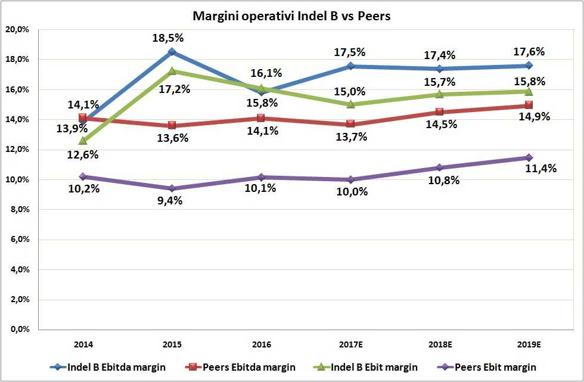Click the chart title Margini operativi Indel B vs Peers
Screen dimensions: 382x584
(x=292, y=16)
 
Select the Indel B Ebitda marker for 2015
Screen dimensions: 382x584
(x=172, y=52)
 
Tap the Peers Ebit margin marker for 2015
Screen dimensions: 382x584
(x=172, y=188)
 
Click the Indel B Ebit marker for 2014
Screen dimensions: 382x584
(x=83, y=141)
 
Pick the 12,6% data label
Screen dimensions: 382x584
(x=83, y=155)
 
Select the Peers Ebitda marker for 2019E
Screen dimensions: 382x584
(x=529, y=105)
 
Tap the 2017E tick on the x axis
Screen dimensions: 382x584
(x=350, y=344)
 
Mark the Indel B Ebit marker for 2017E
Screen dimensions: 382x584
(x=350, y=104)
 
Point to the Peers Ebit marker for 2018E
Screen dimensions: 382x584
(x=440, y=168)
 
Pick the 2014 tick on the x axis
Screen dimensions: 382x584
(x=83, y=344)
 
